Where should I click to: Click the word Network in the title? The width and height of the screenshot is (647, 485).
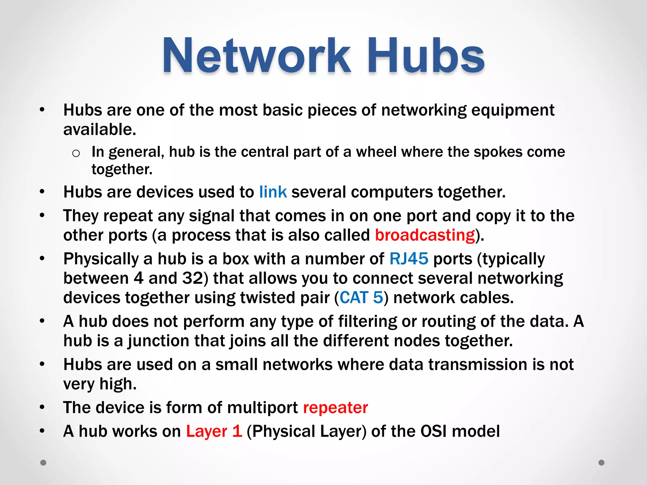(256, 56)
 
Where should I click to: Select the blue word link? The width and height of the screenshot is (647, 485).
(273, 192)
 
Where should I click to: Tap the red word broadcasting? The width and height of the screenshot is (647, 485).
(425, 235)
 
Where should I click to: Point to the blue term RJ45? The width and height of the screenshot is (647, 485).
(409, 259)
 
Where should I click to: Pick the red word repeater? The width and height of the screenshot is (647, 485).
(336, 407)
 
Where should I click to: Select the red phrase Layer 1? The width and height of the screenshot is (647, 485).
(214, 431)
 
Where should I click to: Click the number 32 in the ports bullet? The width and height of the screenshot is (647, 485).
(192, 278)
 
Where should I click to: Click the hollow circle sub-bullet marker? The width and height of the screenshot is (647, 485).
(76, 153)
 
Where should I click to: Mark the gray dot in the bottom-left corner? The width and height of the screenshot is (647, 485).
(43, 463)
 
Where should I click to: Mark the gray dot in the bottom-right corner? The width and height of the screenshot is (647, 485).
(602, 463)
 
